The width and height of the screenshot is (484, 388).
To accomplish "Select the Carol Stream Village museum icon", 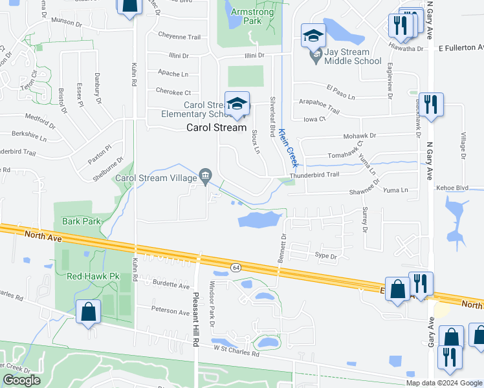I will [206, 175].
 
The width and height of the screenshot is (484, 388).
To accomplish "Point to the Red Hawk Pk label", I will [94, 276].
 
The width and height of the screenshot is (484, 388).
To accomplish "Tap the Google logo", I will [21, 380].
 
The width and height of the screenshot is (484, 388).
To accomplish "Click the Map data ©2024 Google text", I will [444, 383].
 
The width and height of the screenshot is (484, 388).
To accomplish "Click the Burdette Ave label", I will [171, 285].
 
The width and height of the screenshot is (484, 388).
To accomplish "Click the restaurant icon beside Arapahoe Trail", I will [432, 104].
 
